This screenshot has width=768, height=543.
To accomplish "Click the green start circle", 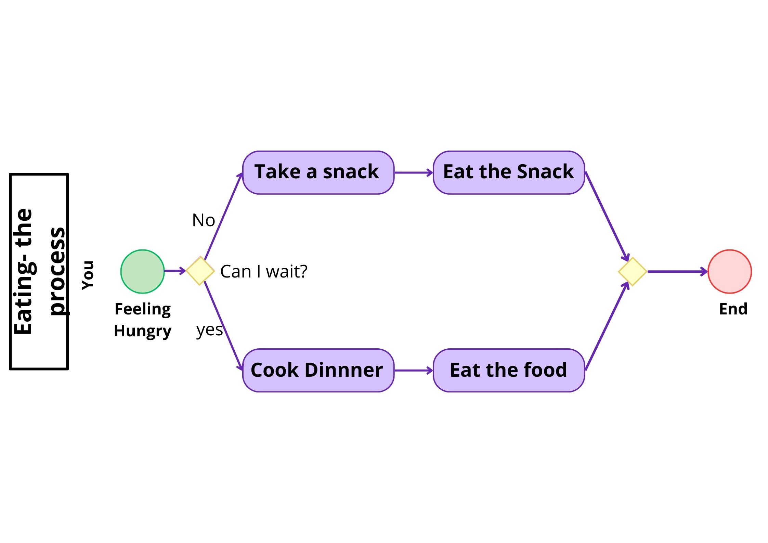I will point(142,271).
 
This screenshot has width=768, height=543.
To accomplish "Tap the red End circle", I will point(729,271).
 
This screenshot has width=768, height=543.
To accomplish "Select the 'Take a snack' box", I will point(318,172).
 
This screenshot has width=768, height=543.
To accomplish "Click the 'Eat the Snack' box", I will point(509,172).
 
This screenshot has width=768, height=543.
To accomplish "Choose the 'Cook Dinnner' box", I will point(318,370).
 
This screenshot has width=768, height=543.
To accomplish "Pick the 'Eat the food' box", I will point(509,370).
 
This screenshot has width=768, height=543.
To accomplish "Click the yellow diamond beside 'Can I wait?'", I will point(200,271).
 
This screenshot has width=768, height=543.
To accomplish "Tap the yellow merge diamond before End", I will point(632,271).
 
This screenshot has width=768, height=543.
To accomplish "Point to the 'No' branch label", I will point(204,220).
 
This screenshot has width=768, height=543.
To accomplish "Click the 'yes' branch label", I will point(209,330).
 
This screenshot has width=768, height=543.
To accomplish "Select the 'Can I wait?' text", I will point(264,271).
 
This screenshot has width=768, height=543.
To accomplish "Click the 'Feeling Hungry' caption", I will point(143,320).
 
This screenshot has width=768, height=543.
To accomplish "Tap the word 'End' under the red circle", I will point(733,309).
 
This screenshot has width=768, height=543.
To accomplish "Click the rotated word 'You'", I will point(88,275).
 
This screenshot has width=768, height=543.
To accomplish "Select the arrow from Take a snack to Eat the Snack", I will point(413,173).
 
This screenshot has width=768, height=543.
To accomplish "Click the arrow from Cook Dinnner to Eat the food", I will point(413,370).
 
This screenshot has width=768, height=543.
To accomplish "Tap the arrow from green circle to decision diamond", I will point(174,271).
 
